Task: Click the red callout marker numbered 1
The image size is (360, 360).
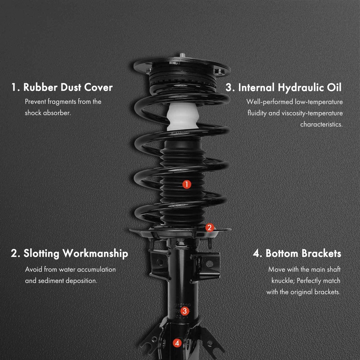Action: [x=186, y=184]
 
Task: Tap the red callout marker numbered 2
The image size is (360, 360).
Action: [x=210, y=228]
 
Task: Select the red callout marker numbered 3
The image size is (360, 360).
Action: [x=185, y=311]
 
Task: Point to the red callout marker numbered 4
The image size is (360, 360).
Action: [x=177, y=343]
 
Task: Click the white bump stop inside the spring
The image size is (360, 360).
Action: [x=183, y=117]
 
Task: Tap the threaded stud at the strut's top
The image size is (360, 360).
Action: [x=183, y=55]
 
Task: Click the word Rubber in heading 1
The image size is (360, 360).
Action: [x=40, y=87]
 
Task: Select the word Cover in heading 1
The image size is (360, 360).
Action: [x=98, y=87]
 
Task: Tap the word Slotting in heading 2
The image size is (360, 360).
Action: [x=41, y=254]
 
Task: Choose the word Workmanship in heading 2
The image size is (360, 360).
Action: [x=95, y=254]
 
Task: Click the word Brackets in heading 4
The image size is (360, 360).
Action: [x=321, y=253]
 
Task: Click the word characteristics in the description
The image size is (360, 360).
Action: [x=321, y=124]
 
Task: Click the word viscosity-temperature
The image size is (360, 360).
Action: [x=312, y=113]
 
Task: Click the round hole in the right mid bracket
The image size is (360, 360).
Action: [x=210, y=264]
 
